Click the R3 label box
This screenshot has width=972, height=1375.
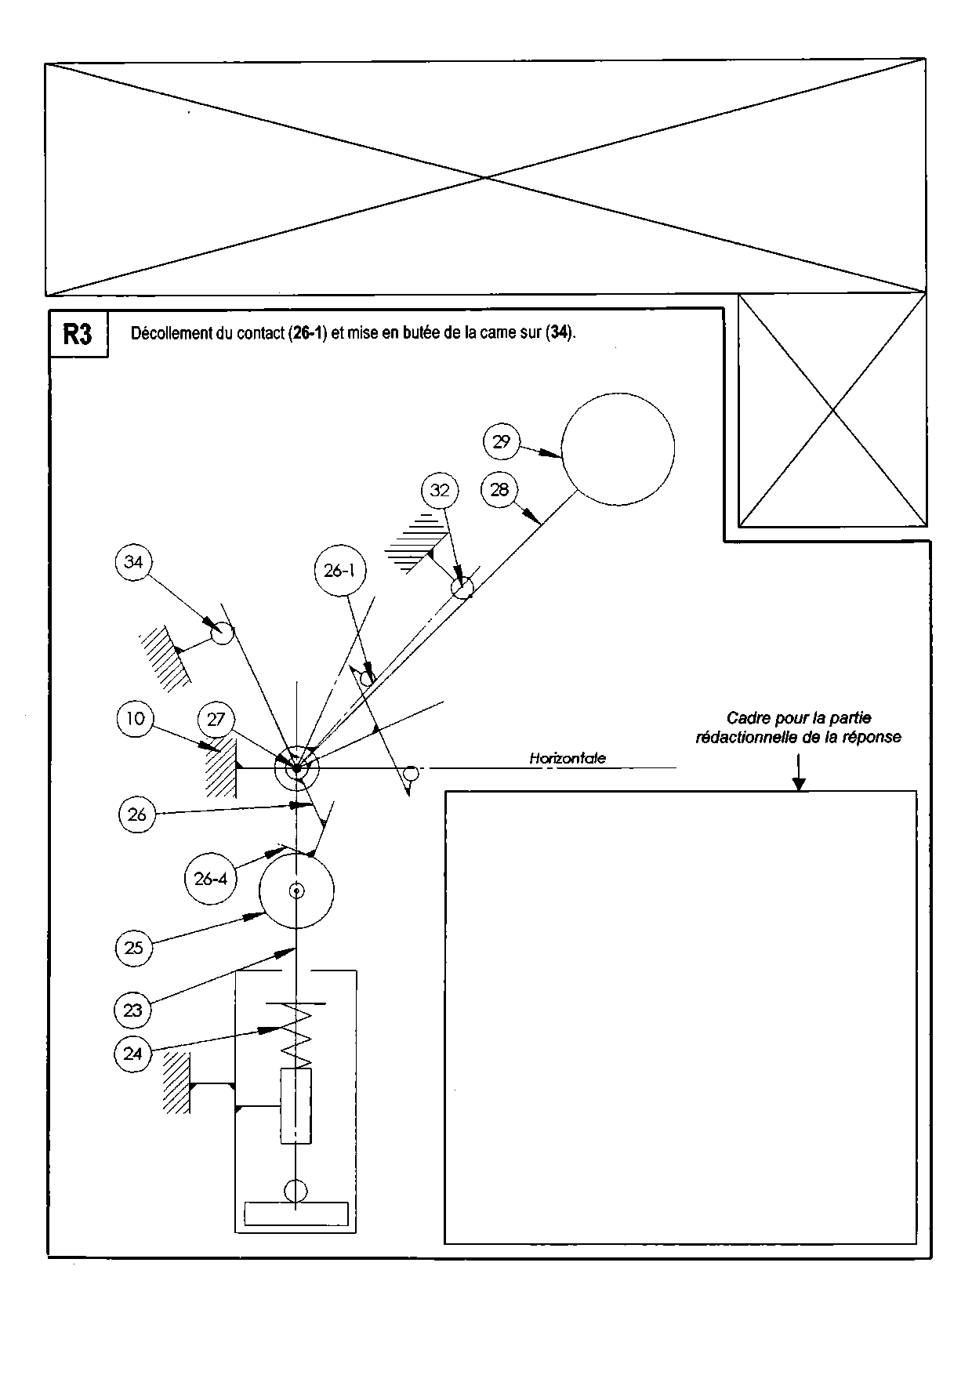[x=78, y=335]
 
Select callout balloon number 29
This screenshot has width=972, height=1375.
[x=502, y=441]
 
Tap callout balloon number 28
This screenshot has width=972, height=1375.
[x=499, y=490]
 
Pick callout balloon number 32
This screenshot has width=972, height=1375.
[x=440, y=490]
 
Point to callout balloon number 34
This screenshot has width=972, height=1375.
[x=134, y=562]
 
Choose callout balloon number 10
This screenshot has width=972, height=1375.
[x=136, y=719]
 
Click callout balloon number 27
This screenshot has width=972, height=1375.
[x=216, y=720]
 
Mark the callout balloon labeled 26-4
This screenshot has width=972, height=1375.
[x=211, y=879]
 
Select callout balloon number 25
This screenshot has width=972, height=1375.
[x=134, y=948]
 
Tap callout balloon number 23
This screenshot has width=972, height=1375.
[x=133, y=1010]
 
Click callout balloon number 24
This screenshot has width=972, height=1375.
[x=132, y=1054]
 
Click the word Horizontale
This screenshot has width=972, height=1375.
[x=568, y=758]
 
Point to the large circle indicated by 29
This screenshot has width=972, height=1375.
[x=618, y=448]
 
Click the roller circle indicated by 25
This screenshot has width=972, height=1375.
[x=296, y=891]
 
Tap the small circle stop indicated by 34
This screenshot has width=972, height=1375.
[x=223, y=633]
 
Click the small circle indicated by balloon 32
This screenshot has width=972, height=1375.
[x=462, y=587]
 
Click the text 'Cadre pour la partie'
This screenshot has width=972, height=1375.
[x=798, y=717]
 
